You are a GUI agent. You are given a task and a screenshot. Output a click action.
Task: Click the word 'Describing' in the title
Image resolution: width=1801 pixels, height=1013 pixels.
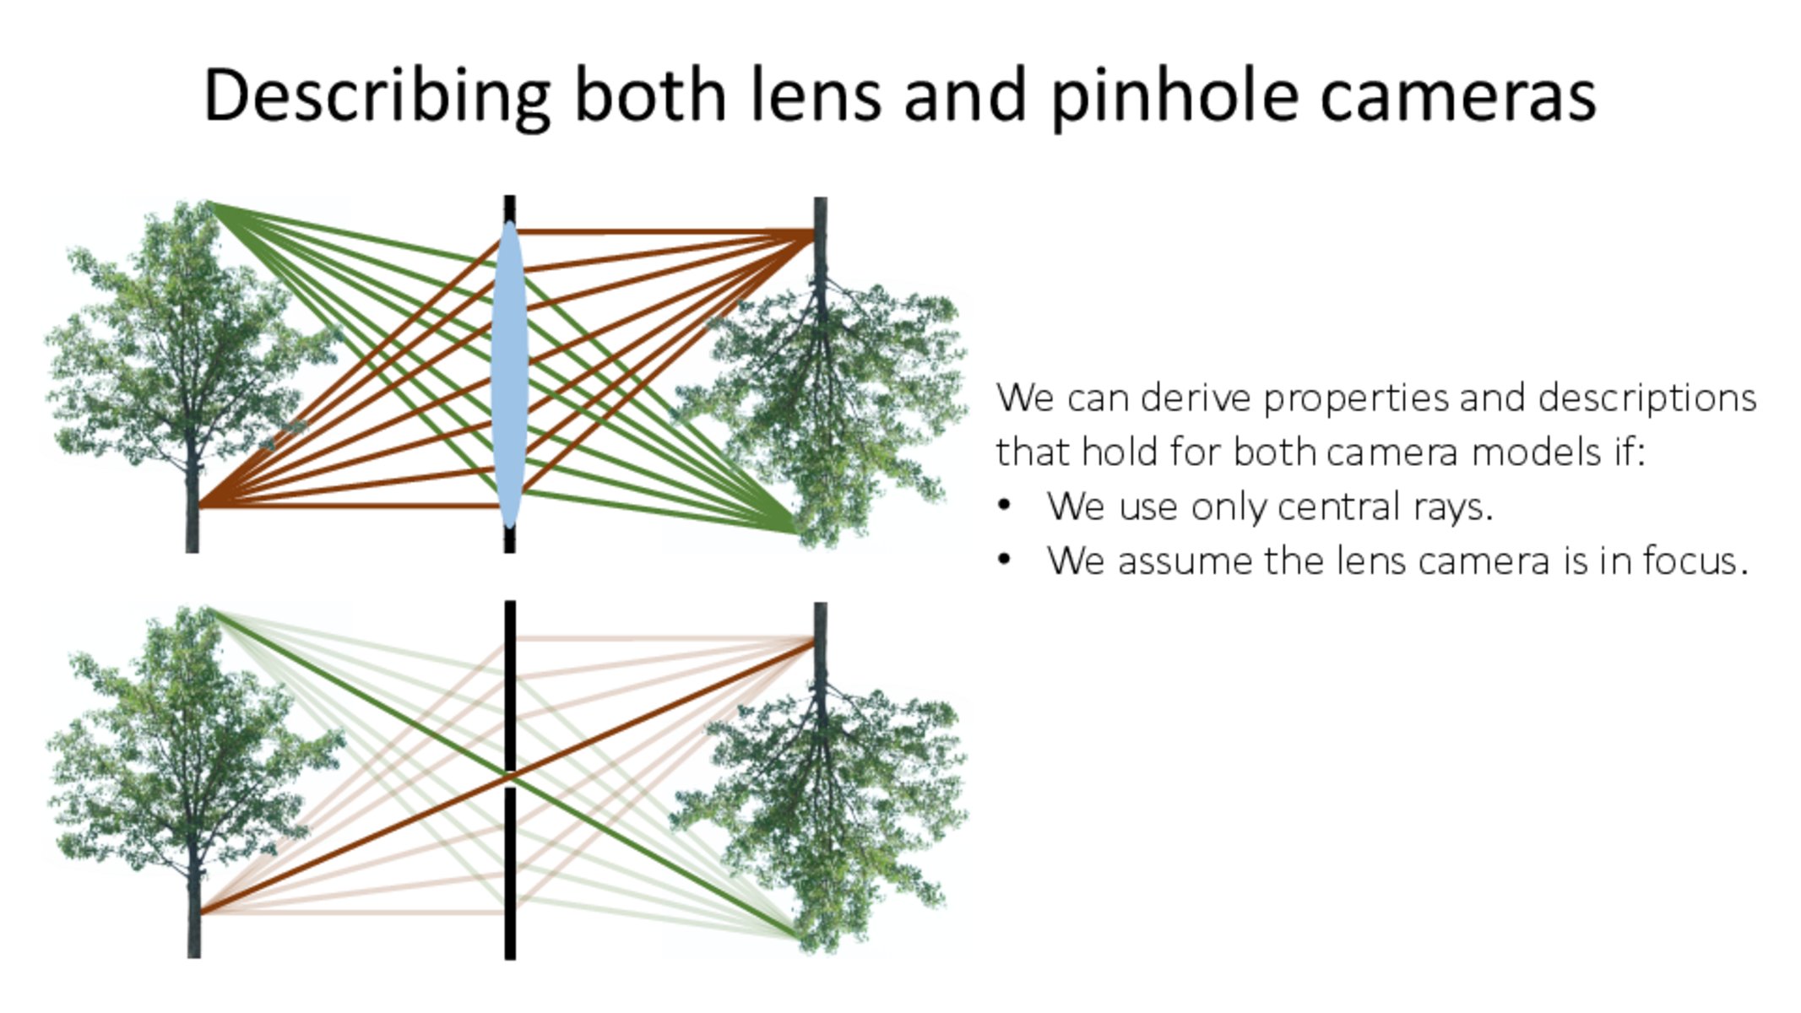[377, 96]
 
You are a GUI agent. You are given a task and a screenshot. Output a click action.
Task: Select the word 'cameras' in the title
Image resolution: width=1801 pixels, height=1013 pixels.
[1457, 96]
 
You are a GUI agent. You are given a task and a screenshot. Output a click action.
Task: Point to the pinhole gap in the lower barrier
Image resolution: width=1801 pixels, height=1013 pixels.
[509, 778]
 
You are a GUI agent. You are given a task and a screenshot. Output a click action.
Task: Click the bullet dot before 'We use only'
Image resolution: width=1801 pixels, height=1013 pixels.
[1004, 506]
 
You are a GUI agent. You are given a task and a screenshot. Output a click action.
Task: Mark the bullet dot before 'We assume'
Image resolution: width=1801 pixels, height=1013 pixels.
[1004, 560]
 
